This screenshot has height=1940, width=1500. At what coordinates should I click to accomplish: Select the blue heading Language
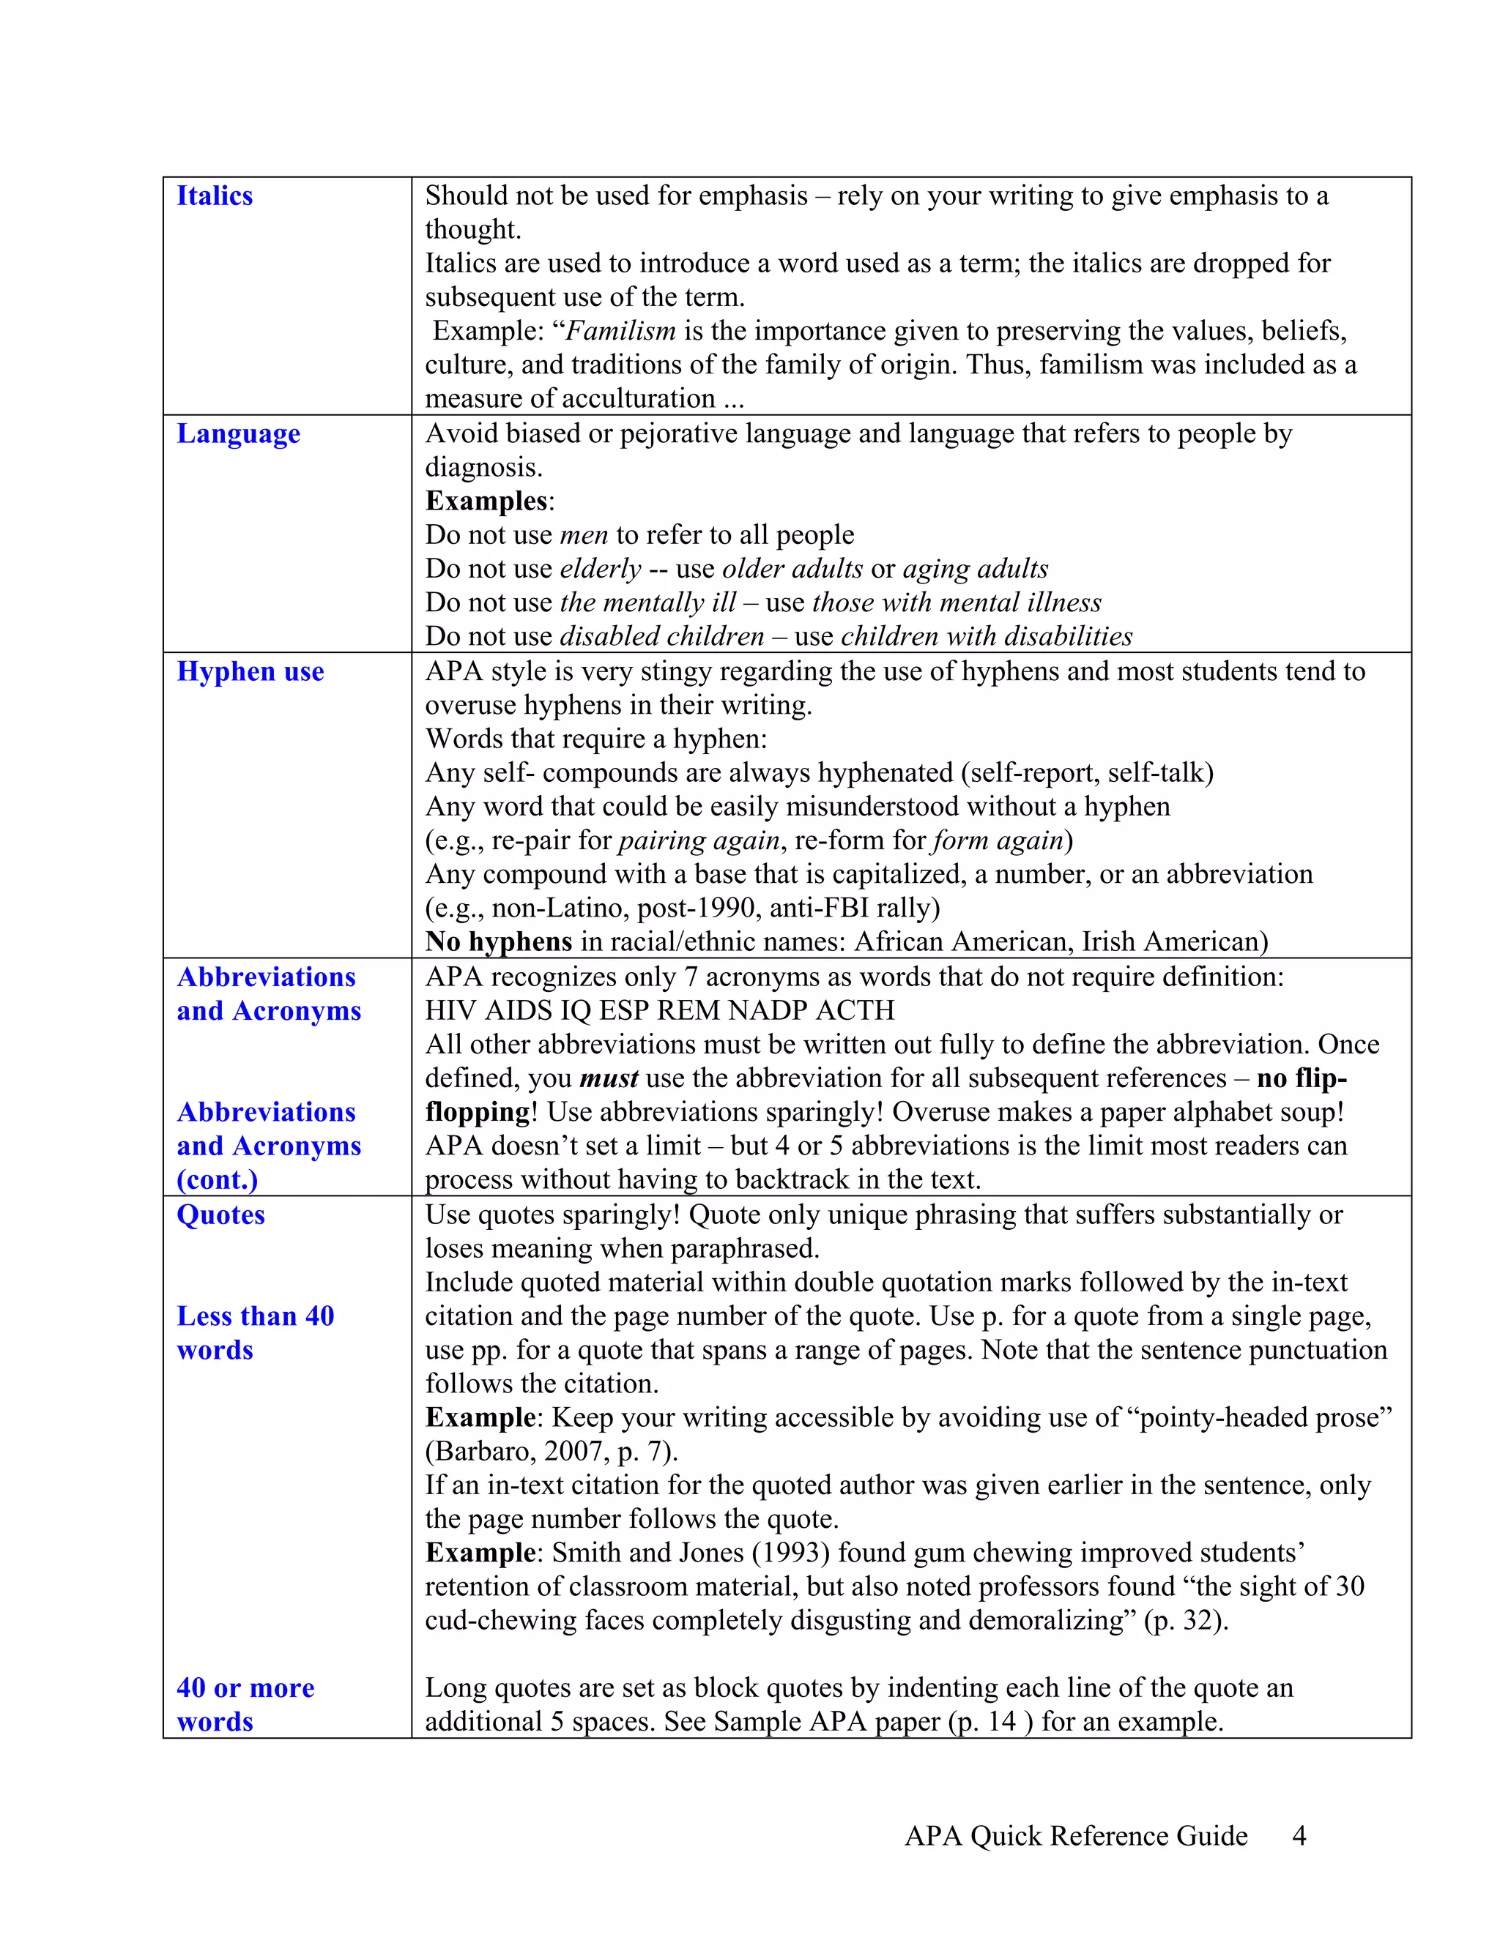pyautogui.click(x=238, y=433)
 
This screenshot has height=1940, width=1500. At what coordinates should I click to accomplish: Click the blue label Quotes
pyautogui.click(x=220, y=1215)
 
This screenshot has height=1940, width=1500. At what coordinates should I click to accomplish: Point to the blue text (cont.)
pyautogui.click(x=217, y=1181)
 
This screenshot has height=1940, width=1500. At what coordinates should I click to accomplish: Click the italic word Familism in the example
pyautogui.click(x=620, y=332)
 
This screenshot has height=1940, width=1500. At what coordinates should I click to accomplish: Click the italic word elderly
pyautogui.click(x=600, y=569)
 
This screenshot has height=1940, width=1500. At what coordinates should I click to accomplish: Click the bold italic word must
pyautogui.click(x=609, y=1078)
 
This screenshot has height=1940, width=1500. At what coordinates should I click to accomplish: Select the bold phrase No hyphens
pyautogui.click(x=499, y=941)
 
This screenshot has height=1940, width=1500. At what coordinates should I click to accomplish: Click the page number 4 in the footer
pyautogui.click(x=1299, y=1836)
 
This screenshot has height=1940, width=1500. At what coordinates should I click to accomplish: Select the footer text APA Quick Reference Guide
pyautogui.click(x=1075, y=1836)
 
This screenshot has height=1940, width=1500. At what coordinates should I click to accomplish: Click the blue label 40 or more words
pyautogui.click(x=245, y=1704)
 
